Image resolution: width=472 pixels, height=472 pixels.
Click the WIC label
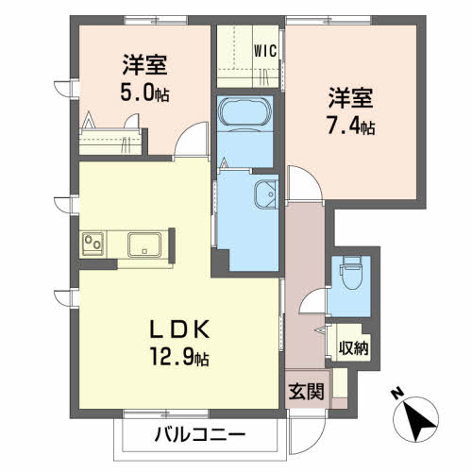[x=265, y=51]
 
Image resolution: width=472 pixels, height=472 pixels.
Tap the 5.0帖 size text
[x=145, y=93]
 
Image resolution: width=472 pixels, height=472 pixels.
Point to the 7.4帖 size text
[x=351, y=126]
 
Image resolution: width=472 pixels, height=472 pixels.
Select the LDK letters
[x=179, y=329]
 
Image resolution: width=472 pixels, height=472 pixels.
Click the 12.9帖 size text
[x=179, y=357]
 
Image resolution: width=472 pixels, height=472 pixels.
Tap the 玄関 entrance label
[x=307, y=392]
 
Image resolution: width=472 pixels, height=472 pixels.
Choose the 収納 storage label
[x=353, y=348]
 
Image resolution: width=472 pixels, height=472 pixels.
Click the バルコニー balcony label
[x=200, y=435]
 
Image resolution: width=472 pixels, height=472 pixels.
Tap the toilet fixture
[x=351, y=273]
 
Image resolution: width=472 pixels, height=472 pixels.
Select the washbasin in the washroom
[x=266, y=194]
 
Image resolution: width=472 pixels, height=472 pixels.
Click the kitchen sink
[x=144, y=244]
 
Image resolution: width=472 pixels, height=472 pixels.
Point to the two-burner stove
[x=93, y=244]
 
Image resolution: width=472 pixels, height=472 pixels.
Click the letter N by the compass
[x=397, y=394]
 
